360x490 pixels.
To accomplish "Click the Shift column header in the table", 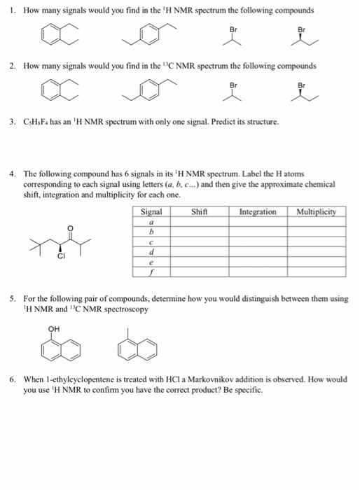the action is tap(202, 211).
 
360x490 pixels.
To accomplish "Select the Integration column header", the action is tap(258, 211).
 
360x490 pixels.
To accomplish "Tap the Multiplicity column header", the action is tap(317, 211).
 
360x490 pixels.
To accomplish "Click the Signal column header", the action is tap(151, 211).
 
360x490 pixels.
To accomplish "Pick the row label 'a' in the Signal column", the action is tap(151, 220).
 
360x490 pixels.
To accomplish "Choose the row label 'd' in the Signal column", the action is tap(151, 252).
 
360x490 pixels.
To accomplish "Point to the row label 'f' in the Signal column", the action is tap(151, 273).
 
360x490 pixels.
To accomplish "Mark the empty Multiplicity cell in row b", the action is tap(317, 231).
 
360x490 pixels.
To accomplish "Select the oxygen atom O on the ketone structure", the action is tap(68, 228).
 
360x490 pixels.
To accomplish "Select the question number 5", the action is tap(13, 298).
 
